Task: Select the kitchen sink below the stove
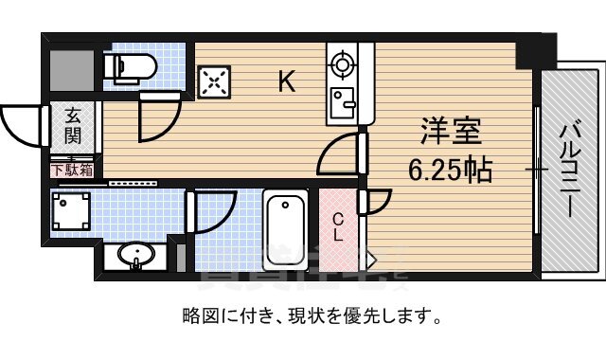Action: coord(341,100)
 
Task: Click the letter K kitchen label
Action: coord(286,83)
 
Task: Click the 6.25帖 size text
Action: coord(449,171)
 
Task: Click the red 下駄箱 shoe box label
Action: coord(72,171)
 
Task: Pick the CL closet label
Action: coord(338,228)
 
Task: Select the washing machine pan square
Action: coord(71,210)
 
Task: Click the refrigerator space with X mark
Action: coord(213,82)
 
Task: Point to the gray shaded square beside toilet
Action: coord(72,65)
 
